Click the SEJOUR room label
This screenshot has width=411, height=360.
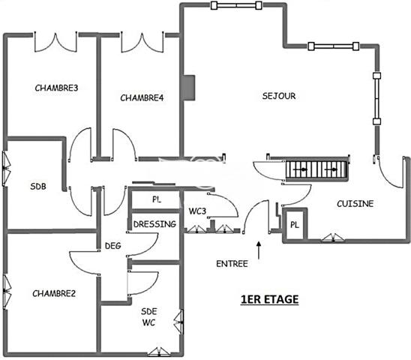tap(279, 96)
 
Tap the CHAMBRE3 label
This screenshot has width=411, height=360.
tap(56, 88)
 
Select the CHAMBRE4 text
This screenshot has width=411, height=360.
tap(142, 97)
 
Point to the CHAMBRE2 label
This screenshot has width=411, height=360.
tap(54, 293)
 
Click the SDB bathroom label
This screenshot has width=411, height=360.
tap(38, 187)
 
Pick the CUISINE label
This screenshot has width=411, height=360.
tap(355, 204)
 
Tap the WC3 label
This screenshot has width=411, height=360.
tap(197, 211)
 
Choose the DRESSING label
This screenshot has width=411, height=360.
tap(154, 224)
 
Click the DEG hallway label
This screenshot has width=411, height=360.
tap(113, 246)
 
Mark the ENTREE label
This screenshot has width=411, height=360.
tap(232, 264)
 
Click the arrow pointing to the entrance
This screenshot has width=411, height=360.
tap(259, 250)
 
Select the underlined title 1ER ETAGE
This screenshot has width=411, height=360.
tap(270, 299)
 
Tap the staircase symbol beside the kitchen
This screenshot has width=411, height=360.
tap(317, 169)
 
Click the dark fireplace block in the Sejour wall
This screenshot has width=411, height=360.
tap(189, 88)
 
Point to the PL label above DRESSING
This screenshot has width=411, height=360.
tap(157, 199)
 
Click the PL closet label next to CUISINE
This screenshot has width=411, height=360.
tap(295, 225)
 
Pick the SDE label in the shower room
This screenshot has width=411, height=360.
tap(149, 311)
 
